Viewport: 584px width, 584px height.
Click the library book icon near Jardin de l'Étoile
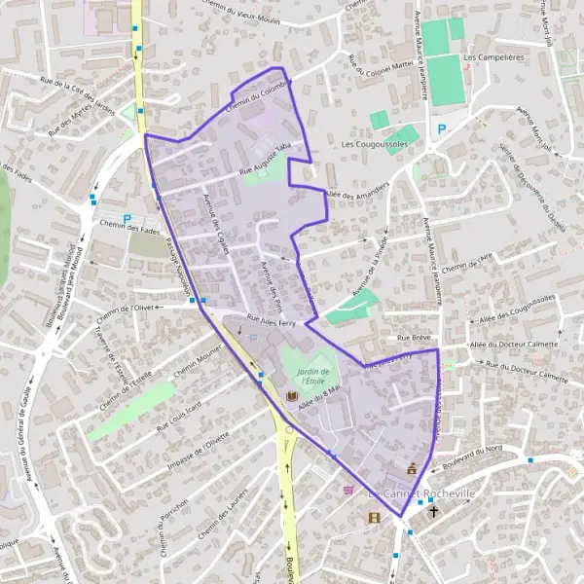point(291,397)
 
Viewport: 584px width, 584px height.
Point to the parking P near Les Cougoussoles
point(441,129)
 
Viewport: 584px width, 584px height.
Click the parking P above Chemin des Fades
point(127,220)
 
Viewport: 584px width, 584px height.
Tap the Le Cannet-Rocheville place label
point(421,493)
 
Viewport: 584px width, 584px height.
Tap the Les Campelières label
point(491,57)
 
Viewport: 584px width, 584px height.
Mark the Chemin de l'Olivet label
point(127,312)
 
